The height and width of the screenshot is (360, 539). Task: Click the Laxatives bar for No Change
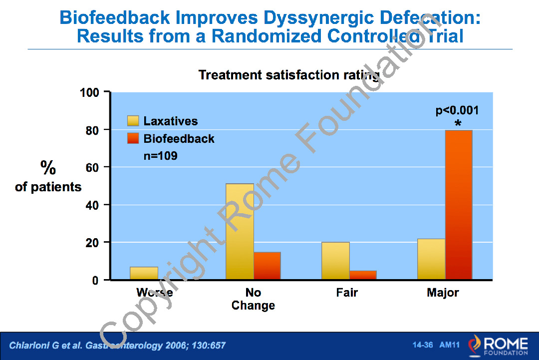click(240, 232)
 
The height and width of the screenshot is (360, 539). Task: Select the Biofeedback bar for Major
click(459, 205)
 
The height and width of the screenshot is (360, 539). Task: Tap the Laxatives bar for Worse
click(144, 273)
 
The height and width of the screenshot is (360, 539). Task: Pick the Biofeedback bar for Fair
click(363, 275)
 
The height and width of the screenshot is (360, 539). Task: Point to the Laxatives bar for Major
click(431, 259)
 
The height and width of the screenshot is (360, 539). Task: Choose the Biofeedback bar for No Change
click(267, 266)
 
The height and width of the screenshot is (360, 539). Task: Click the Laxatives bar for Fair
click(335, 261)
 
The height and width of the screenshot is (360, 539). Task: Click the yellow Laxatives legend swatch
click(133, 121)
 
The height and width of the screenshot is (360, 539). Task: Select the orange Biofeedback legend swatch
click(133, 139)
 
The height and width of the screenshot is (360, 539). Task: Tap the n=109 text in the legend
click(160, 156)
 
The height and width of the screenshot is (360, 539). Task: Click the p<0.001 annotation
click(457, 110)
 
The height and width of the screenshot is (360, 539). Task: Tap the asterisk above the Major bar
click(458, 123)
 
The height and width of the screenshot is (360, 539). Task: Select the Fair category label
click(347, 293)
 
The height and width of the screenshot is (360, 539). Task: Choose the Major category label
click(443, 293)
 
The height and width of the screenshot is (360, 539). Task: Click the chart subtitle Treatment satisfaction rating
click(289, 75)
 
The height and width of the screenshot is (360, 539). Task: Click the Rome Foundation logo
click(498, 346)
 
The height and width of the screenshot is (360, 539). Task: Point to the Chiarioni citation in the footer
click(118, 346)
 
